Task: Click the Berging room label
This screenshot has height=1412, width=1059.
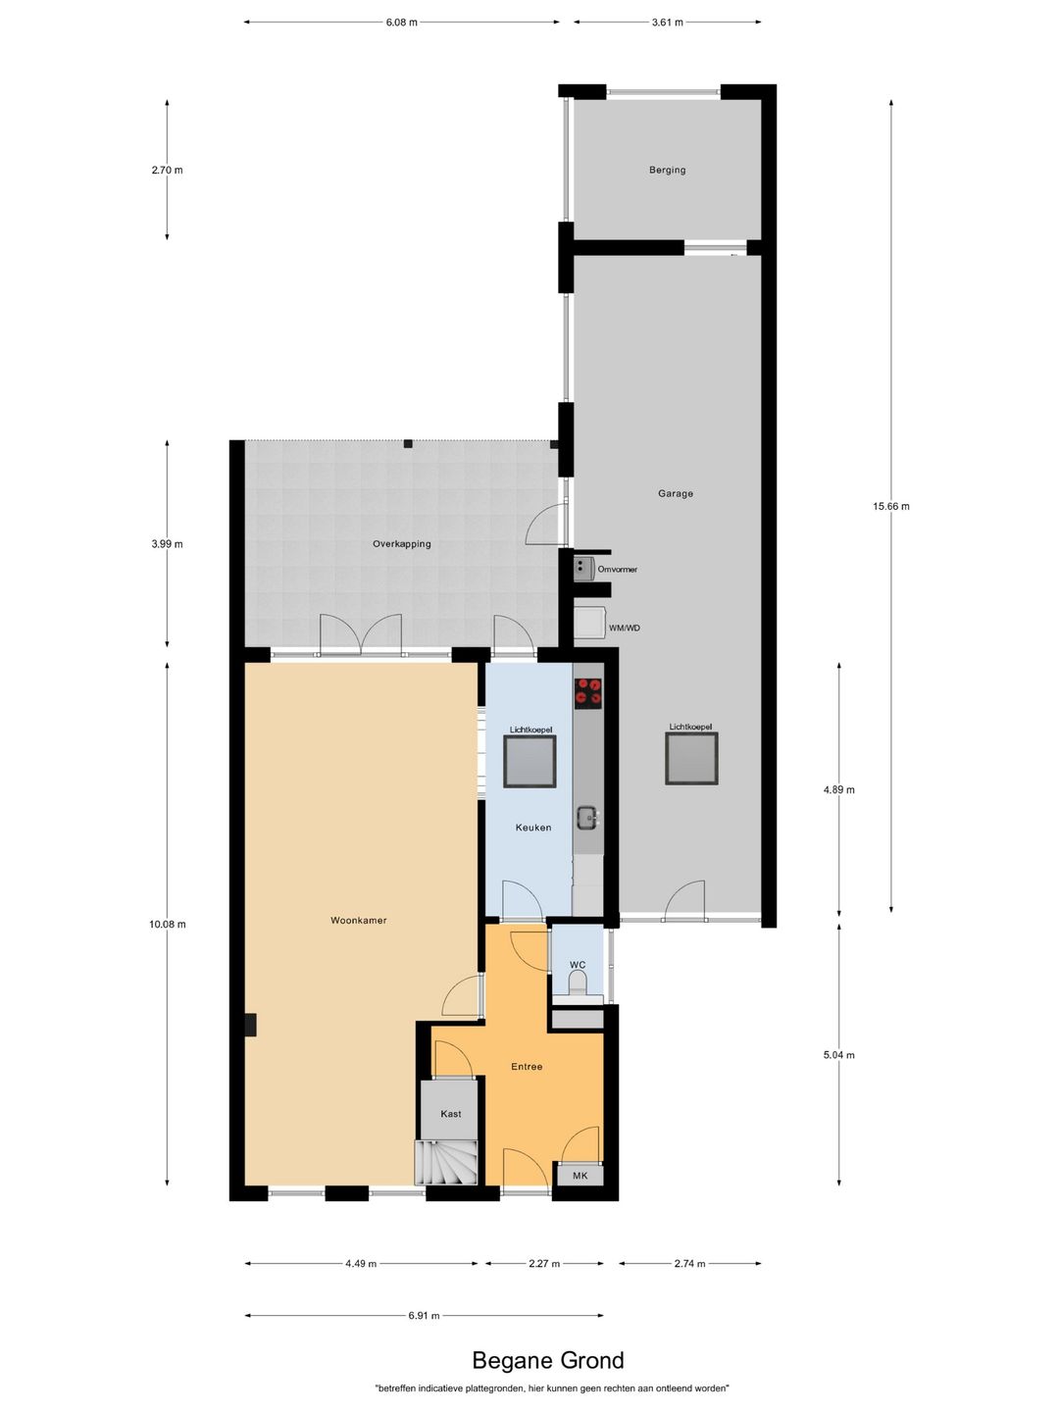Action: pos(667,170)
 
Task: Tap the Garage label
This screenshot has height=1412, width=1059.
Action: pos(675,493)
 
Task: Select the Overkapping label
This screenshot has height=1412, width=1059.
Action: pos(401,543)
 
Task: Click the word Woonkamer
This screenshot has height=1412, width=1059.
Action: pos(358,920)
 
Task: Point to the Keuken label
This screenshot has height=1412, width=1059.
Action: pos(532,828)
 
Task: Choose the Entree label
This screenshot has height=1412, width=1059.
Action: pos(527,1066)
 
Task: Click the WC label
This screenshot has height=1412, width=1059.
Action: pos(578,965)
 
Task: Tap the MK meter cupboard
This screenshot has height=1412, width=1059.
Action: pos(580,1175)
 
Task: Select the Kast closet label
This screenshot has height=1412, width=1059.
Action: pos(450,1113)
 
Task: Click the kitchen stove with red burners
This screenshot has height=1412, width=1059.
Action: pos(588,692)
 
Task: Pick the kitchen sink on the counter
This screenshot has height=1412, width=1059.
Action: pos(586,816)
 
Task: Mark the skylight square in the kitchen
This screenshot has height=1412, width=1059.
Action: pos(529,762)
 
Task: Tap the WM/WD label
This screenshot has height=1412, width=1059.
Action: pos(624,628)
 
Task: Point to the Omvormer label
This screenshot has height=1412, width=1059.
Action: pos(617,569)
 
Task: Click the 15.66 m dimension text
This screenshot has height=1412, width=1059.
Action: pos(890,506)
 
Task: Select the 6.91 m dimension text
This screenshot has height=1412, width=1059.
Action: pos(424,1315)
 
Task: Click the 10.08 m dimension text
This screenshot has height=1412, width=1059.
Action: pos(167,924)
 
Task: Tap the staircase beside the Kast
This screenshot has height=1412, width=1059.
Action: pos(447,1163)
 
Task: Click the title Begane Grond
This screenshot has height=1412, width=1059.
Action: pos(547,1360)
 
